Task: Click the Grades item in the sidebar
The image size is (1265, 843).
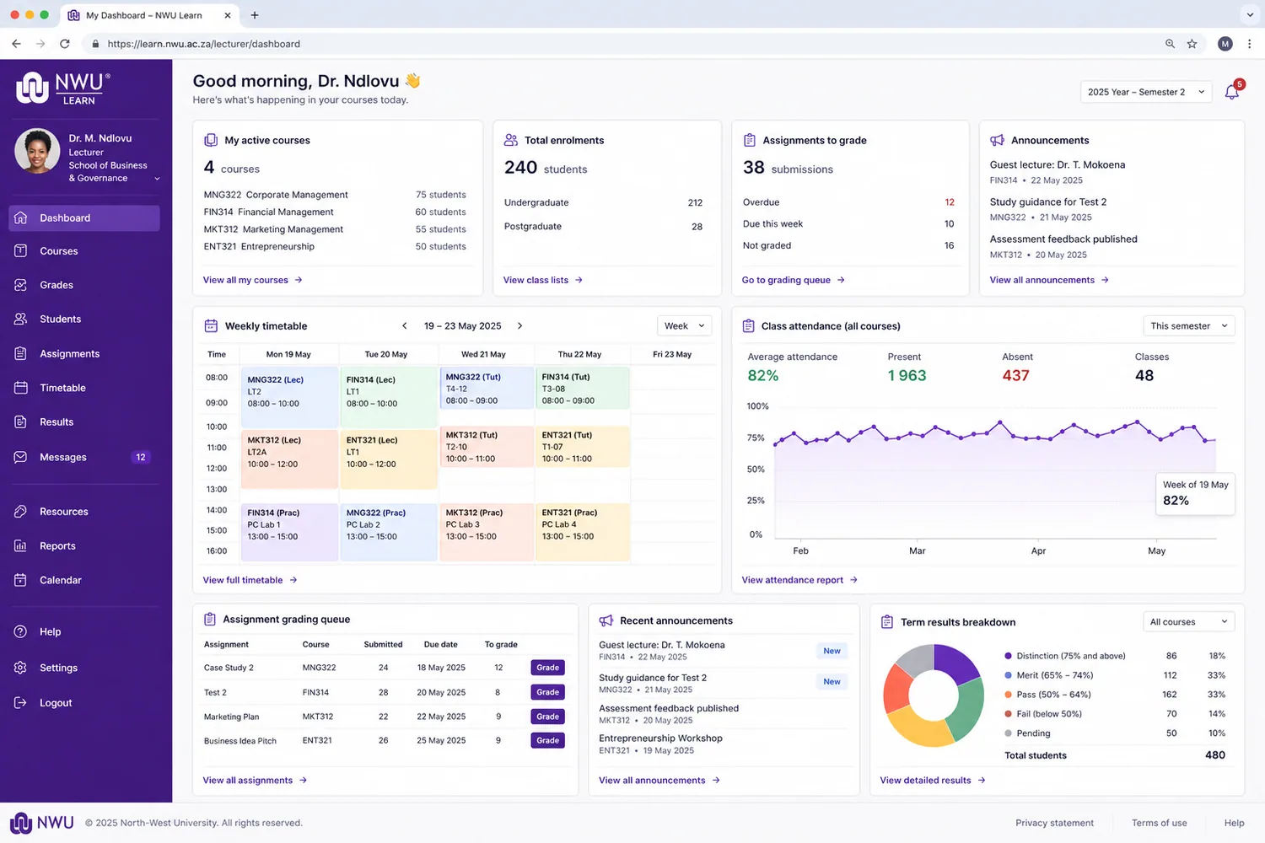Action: tap(56, 285)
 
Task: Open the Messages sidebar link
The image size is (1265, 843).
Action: tap(62, 457)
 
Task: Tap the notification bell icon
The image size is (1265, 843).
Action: tap(1231, 92)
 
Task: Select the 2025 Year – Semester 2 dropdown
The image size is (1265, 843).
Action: tap(1146, 92)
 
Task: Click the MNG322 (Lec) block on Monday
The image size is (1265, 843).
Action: tap(289, 396)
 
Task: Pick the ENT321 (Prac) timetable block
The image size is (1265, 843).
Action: tap(582, 531)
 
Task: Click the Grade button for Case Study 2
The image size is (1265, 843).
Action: tap(547, 668)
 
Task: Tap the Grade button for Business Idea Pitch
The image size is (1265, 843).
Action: tap(547, 740)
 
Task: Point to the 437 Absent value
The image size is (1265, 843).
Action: tap(1015, 375)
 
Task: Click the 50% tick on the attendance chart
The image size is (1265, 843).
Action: tap(756, 470)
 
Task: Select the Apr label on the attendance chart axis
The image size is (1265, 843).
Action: tap(1038, 550)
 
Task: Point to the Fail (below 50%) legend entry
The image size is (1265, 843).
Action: tap(1049, 714)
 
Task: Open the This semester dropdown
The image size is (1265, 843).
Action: tap(1189, 325)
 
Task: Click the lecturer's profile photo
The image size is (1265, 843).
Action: tap(37, 151)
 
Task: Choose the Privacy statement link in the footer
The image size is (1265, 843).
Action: tap(1054, 823)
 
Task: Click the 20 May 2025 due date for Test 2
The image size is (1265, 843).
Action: tap(441, 692)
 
